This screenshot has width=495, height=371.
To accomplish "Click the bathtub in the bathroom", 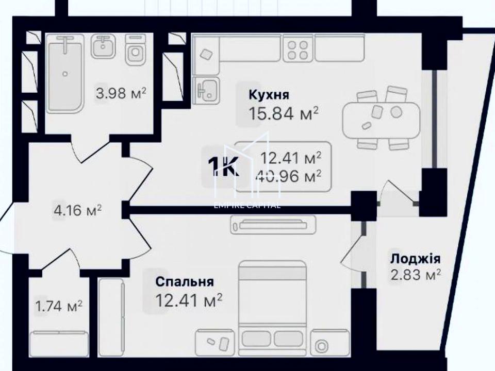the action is (x=65, y=74).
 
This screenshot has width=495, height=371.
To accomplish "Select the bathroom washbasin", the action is (x=103, y=46).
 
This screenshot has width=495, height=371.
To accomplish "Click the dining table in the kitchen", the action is (x=382, y=120).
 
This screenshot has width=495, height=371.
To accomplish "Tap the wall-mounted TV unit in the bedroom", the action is (x=273, y=225).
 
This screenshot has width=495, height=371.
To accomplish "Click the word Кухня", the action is (x=269, y=95).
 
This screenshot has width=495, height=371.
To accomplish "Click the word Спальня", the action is (x=185, y=282).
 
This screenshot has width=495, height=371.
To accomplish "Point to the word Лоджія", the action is (x=416, y=259).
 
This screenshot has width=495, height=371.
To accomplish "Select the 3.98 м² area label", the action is (x=121, y=93).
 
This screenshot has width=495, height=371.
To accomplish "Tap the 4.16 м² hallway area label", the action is (x=78, y=210).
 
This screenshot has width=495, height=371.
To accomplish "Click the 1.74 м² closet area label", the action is (x=59, y=306).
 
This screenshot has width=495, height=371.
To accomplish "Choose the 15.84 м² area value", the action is (x=283, y=113).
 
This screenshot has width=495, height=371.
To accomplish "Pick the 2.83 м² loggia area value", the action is (x=416, y=275).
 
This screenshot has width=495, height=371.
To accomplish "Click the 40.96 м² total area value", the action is (x=289, y=176).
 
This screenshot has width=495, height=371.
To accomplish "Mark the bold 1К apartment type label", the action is (x=223, y=166).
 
